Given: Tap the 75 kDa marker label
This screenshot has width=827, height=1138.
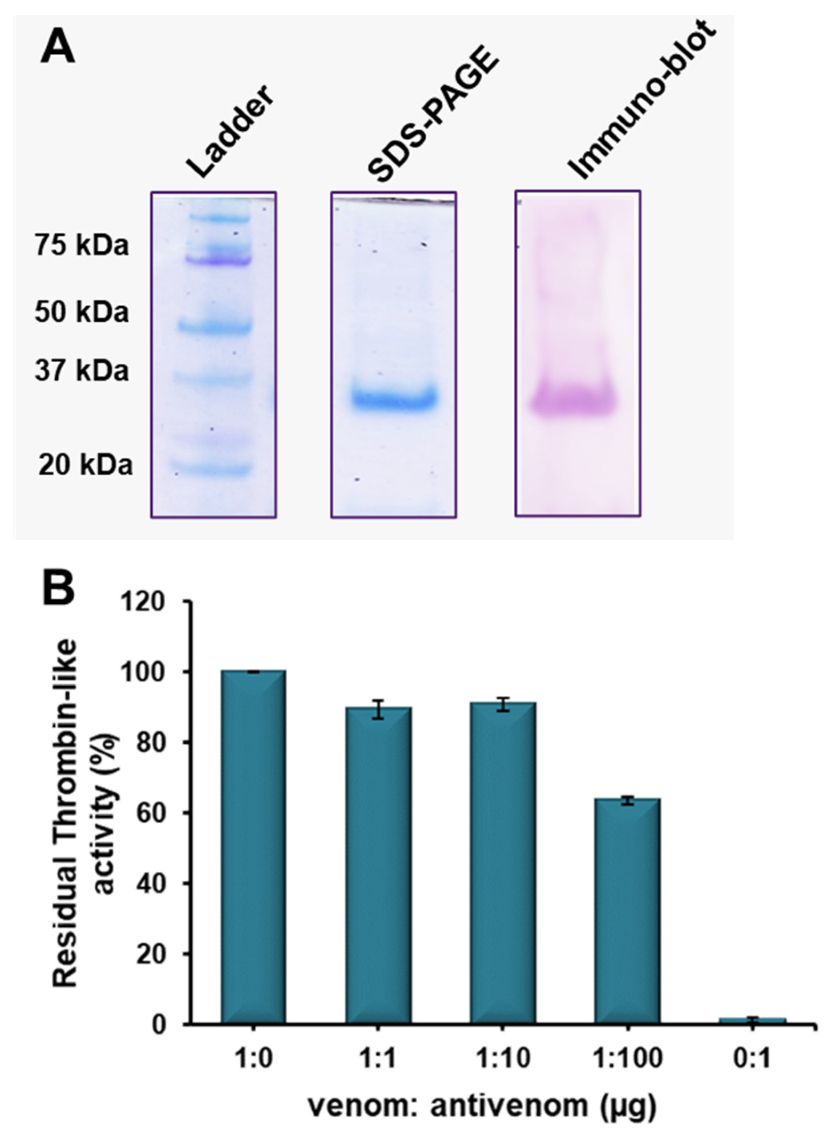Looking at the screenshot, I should [x=82, y=246].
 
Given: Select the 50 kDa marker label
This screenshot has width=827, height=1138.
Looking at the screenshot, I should [x=82, y=312].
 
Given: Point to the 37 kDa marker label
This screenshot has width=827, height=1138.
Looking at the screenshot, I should [x=82, y=371].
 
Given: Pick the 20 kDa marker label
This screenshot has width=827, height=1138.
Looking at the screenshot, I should [x=85, y=465].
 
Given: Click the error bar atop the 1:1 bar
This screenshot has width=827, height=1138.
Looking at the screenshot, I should [x=379, y=709].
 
